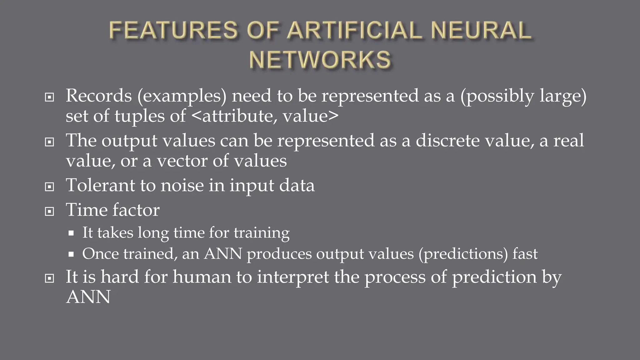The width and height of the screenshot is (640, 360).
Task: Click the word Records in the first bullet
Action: [x=99, y=96]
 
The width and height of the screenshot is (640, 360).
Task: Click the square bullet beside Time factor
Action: [x=49, y=212]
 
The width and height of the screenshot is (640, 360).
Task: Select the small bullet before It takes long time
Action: [x=71, y=233]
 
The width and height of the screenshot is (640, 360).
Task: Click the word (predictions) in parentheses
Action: [x=463, y=254]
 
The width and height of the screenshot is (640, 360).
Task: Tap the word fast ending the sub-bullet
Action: [x=525, y=253]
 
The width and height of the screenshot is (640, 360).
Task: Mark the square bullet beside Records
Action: [x=49, y=97]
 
